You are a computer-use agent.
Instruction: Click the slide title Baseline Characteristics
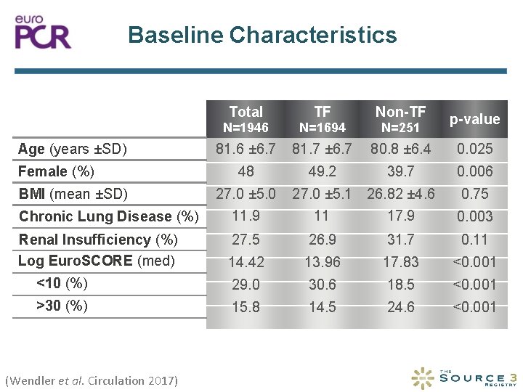click(x=262, y=35)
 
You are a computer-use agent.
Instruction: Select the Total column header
click(x=246, y=112)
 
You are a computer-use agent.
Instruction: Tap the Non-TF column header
click(x=400, y=112)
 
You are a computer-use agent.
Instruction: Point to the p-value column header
click(x=474, y=120)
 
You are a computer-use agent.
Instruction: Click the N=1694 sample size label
click(x=323, y=128)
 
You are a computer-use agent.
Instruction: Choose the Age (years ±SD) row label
click(x=73, y=150)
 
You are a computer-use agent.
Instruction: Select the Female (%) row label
click(x=57, y=172)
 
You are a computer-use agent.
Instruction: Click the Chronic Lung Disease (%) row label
click(x=108, y=216)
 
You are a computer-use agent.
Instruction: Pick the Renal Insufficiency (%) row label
click(x=98, y=240)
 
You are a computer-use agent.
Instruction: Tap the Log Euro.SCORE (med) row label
click(x=97, y=261)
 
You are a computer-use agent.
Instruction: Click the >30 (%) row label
click(x=62, y=306)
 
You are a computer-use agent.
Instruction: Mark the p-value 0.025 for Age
click(x=474, y=150)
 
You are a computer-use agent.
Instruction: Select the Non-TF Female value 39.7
click(x=400, y=172)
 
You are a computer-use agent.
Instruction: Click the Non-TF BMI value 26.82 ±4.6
click(x=400, y=194)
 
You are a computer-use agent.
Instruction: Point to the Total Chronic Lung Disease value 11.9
click(x=246, y=216)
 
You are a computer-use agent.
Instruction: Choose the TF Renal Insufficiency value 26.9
click(x=323, y=240)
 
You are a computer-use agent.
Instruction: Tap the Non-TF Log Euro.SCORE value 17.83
click(x=400, y=262)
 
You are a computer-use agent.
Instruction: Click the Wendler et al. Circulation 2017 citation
click(x=91, y=380)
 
